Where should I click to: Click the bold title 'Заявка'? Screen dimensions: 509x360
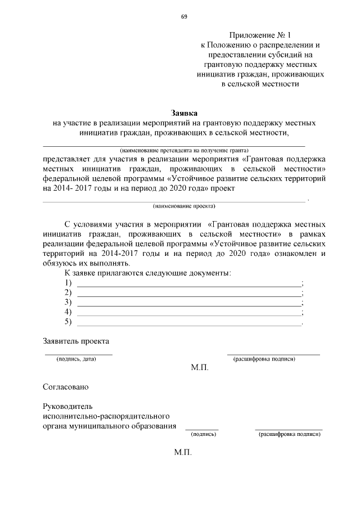(x=184, y=112)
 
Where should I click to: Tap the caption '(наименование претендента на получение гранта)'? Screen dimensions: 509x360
(x=184, y=150)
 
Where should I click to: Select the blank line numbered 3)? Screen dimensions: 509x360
(x=189, y=306)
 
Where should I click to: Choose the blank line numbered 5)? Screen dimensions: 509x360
(x=189, y=326)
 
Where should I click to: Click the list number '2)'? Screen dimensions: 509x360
(x=69, y=292)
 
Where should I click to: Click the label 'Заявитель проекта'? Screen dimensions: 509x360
(x=76, y=341)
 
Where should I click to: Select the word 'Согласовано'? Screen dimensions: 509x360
(x=65, y=387)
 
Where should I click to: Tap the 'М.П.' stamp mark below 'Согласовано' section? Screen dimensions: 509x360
(x=183, y=452)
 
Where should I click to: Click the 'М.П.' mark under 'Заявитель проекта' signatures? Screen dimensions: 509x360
(x=200, y=367)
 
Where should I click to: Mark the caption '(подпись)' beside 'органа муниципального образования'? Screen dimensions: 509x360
(x=203, y=434)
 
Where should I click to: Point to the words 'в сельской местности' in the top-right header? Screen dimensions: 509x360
(x=260, y=84)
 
